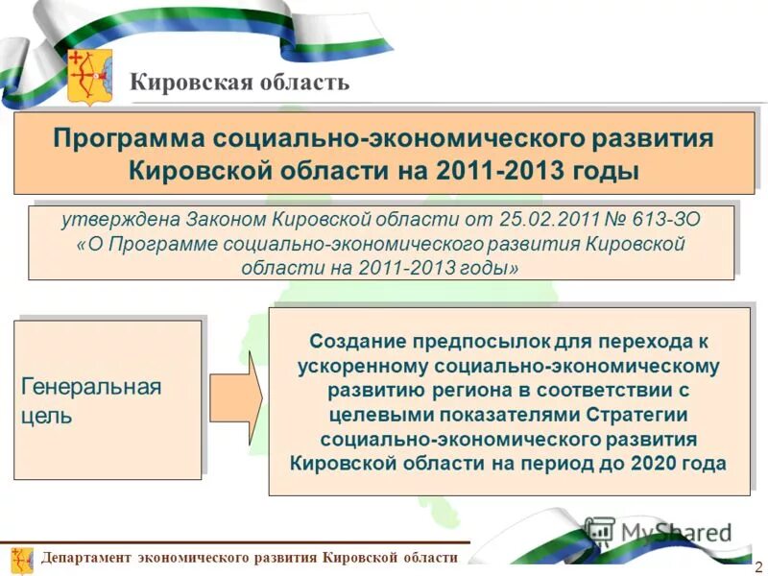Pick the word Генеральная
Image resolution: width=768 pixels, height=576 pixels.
pos(91,388)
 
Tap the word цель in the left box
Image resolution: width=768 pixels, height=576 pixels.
pos(46,418)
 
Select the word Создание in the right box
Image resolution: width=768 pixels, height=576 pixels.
pos(355,342)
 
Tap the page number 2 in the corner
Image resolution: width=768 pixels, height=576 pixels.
pos(759,565)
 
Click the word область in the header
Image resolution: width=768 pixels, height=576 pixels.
pos(300,82)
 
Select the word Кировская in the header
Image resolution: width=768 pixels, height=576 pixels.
pos(188,82)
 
